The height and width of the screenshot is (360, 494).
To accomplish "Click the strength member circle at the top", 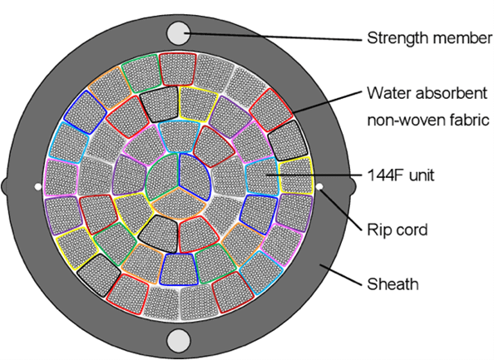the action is pos(178,33).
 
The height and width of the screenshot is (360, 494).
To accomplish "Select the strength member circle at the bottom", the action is pos(178,341).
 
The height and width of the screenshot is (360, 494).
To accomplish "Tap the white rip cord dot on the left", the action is pos(37,187).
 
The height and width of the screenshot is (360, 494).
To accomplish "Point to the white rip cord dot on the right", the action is pos(319,187).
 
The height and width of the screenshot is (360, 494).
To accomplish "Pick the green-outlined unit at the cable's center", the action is pos(162,177).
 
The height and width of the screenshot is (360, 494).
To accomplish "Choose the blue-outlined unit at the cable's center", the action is pos(195,176).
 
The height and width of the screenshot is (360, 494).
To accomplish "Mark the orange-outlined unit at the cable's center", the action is pos(179,204).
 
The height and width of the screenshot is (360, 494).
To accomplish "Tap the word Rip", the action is pos(377,230).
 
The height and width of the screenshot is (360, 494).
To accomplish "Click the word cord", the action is pos(409,229).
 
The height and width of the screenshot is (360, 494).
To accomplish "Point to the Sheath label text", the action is pos(393,284).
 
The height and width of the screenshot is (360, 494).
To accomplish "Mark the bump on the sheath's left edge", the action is pos(4,186).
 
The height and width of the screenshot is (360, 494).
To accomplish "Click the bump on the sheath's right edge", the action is pos(353,186).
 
